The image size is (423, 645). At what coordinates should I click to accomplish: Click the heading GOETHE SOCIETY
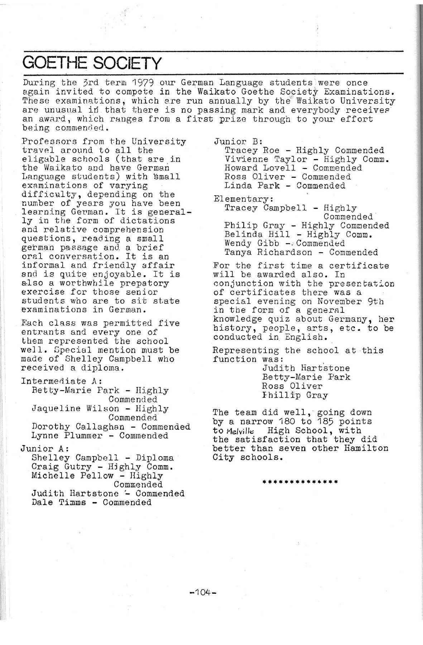(x=92, y=63)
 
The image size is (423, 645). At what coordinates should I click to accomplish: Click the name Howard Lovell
(x=260, y=168)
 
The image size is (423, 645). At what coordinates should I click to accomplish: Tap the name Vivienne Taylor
(x=266, y=159)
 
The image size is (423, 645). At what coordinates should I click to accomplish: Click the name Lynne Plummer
(x=67, y=436)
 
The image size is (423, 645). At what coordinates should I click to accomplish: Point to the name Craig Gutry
(x=62, y=467)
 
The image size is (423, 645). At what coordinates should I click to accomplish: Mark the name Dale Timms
(x=59, y=502)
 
